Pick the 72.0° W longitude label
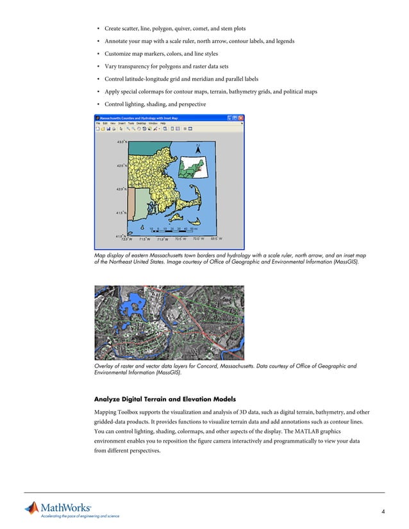click(x=126, y=240)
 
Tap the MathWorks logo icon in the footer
click(x=32, y=509)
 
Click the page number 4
click(x=382, y=510)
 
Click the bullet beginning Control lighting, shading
click(x=151, y=104)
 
